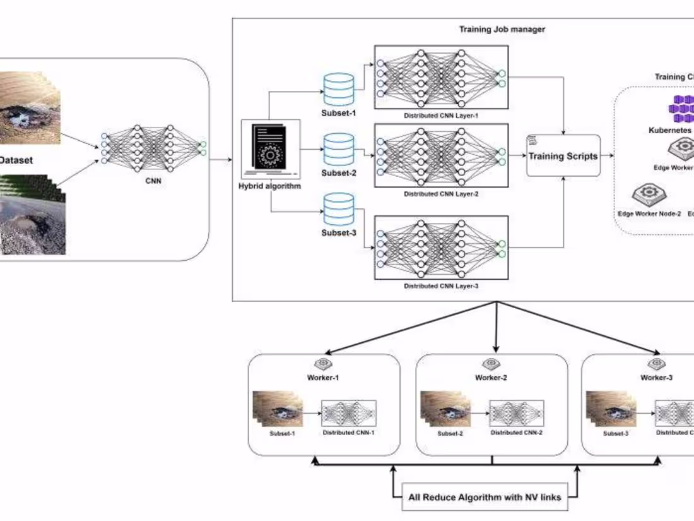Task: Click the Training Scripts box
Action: [x=563, y=155]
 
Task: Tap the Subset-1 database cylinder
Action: [x=338, y=89]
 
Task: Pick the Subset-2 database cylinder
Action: [x=338, y=149]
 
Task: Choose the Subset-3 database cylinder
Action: [x=338, y=210]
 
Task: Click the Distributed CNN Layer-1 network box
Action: [x=441, y=78]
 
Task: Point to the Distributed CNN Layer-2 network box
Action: [x=441, y=155]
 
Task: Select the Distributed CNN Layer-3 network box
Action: [x=441, y=247]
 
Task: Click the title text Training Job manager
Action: [x=502, y=29]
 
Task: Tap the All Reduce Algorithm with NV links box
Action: [x=484, y=497]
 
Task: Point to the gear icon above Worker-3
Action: [x=657, y=364]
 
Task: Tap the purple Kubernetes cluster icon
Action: [x=680, y=109]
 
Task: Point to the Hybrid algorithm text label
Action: [x=270, y=186]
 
